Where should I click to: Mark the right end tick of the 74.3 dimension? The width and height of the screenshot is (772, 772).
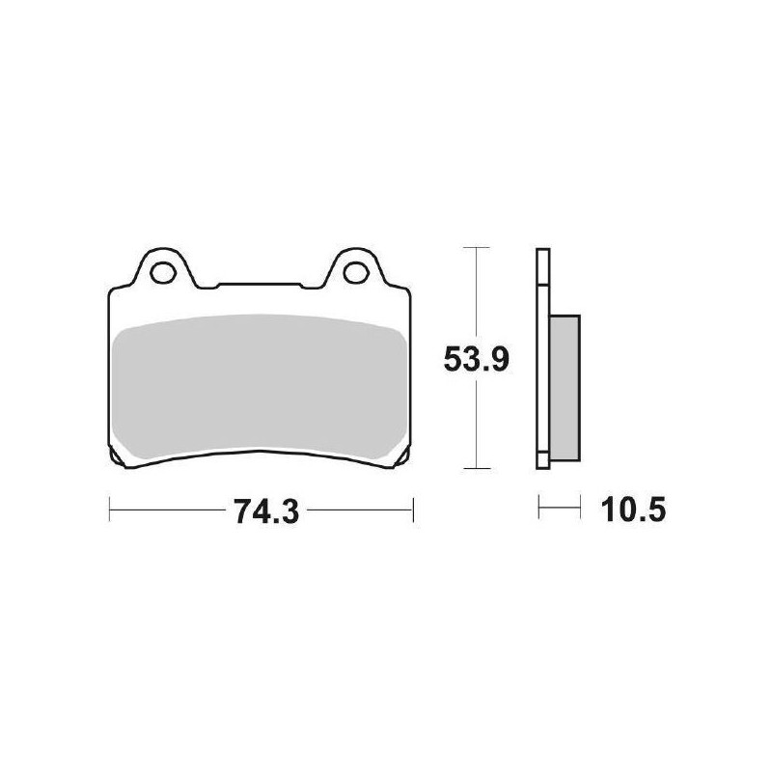tap(413, 509)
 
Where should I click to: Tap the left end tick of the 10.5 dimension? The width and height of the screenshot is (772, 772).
tap(538, 509)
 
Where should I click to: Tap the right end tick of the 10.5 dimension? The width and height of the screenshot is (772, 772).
tap(579, 509)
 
